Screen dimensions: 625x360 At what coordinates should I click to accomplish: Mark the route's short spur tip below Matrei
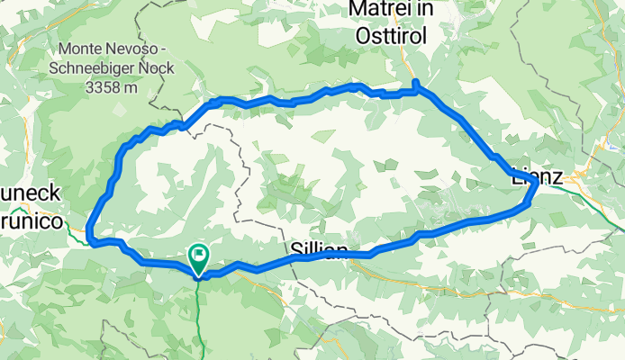coord(415,83)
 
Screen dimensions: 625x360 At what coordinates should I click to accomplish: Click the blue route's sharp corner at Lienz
coord(536,183)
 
